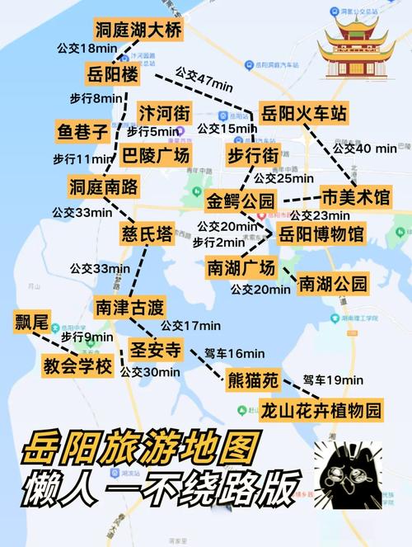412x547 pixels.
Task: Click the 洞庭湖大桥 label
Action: click(138, 31)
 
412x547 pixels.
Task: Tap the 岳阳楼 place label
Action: click(112, 74)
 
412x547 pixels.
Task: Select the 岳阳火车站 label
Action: click(303, 113)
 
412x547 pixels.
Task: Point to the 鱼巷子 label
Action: click(82, 131)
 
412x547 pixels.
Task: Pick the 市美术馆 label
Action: click(356, 197)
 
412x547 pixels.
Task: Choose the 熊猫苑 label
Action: click(253, 380)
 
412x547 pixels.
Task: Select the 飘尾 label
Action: click(30, 322)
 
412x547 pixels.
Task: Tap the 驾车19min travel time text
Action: click(332, 380)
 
